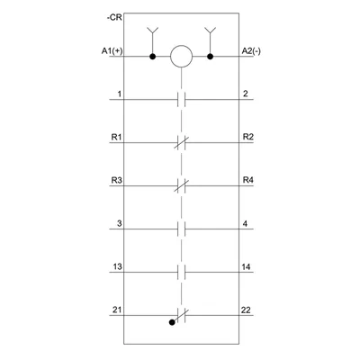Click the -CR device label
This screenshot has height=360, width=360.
[x=114, y=18]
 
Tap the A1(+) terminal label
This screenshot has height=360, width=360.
[x=112, y=51]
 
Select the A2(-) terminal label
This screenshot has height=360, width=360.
[x=251, y=51]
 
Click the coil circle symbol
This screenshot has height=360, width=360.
[x=181, y=57]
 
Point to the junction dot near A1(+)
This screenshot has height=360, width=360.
[x=153, y=57]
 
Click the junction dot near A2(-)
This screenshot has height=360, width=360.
[x=211, y=57]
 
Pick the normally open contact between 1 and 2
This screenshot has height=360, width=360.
[x=181, y=99]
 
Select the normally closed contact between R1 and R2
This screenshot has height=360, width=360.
[x=182, y=142]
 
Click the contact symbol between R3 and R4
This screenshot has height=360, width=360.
[x=182, y=185]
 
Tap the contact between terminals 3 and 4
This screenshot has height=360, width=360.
[x=181, y=229]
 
